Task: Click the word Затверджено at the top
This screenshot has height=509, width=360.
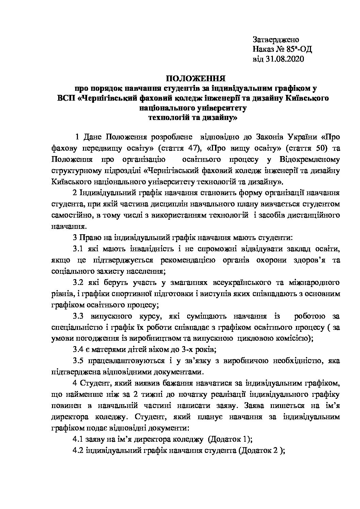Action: point(276,40)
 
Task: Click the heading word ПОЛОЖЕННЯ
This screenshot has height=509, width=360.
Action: point(196,79)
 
